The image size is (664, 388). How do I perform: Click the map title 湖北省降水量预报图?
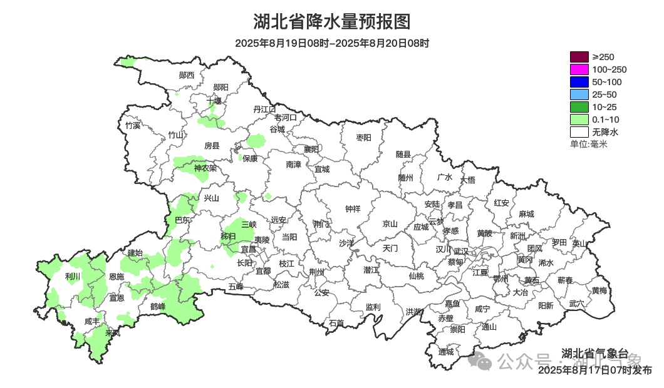[x=331, y=22]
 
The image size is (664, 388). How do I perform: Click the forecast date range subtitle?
[x=331, y=44]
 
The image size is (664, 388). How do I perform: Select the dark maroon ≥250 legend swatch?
[x=579, y=57]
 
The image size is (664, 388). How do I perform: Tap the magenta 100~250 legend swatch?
[x=579, y=69]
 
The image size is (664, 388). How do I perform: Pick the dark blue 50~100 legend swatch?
[x=579, y=82]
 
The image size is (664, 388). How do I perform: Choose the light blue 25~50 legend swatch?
[x=579, y=94]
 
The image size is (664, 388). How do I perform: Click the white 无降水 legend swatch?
[x=579, y=132]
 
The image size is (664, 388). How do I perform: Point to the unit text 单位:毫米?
[x=588, y=144]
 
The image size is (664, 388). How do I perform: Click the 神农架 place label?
[x=205, y=168]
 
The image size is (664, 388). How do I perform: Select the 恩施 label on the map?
[x=116, y=276]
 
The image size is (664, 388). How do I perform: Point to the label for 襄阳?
[x=311, y=149]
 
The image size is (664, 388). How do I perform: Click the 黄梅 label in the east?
[x=599, y=290]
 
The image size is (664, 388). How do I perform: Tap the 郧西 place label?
[x=186, y=75]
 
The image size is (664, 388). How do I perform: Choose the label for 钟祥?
[x=353, y=209]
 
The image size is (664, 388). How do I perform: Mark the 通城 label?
[x=445, y=352]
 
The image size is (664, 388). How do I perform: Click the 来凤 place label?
[x=113, y=332]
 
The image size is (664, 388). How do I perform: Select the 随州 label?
[x=405, y=177]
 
